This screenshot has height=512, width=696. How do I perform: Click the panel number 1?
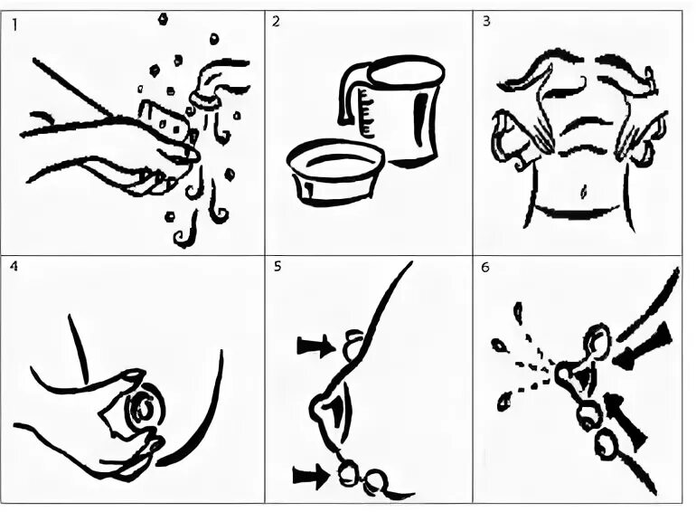point(14,25)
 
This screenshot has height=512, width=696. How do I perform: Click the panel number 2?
point(276,22)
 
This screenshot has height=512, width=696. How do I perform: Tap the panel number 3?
point(486,22)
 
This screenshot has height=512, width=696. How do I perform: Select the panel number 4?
point(14,267)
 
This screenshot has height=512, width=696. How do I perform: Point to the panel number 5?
point(277,267)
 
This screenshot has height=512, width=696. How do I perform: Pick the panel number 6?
point(485,268)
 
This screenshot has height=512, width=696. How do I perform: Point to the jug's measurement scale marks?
point(367,112)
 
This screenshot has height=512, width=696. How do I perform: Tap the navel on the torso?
point(583,192)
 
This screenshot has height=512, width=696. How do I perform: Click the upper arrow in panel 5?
point(316,346)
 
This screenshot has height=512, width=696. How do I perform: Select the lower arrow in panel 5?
point(312,477)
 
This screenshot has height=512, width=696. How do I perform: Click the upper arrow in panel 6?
point(642,346)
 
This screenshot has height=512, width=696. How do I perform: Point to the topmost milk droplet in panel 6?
point(518,313)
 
